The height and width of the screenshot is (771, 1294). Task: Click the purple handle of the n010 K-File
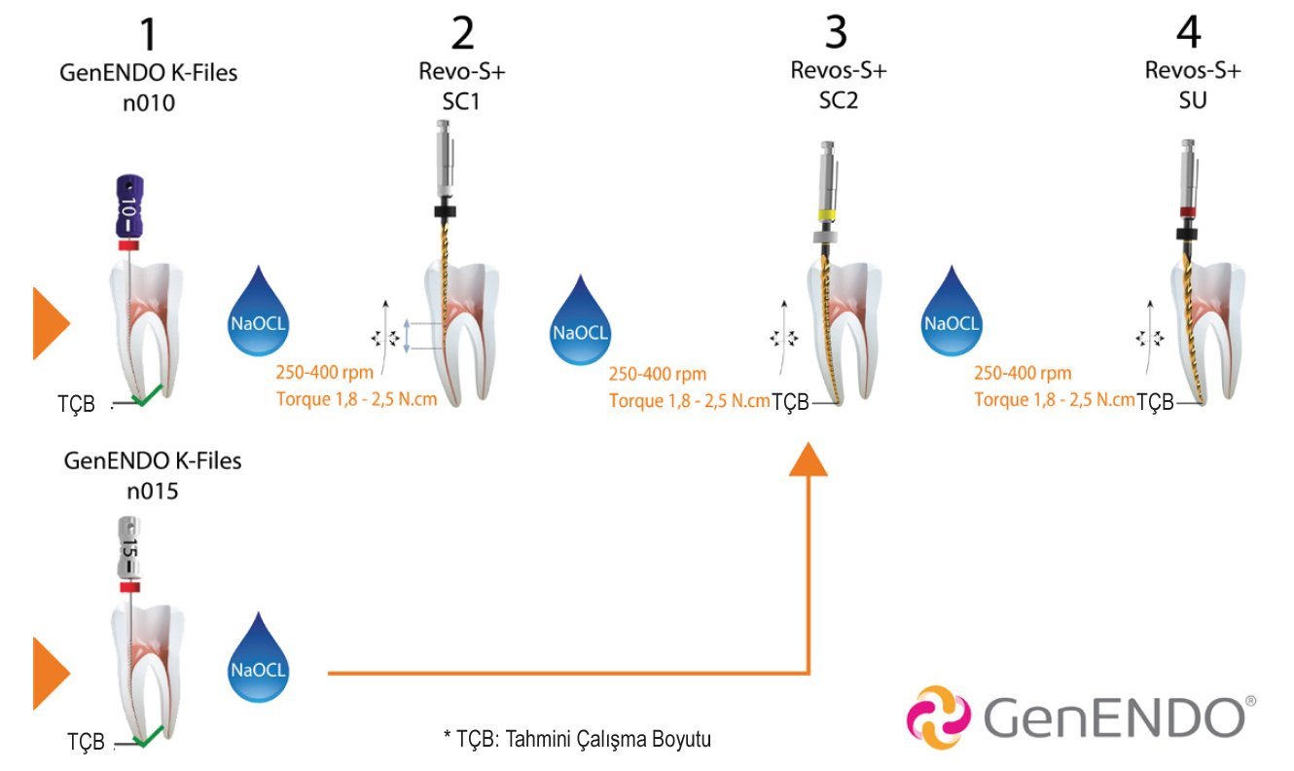[x=128, y=208]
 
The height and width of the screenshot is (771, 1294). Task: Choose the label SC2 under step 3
[x=838, y=101]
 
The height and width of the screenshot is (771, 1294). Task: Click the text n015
[x=152, y=491]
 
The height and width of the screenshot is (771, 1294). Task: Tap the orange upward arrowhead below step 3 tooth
[x=809, y=460]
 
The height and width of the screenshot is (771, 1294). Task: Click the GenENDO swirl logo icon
[x=938, y=717]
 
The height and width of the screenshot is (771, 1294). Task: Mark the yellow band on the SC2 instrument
[x=828, y=213]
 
